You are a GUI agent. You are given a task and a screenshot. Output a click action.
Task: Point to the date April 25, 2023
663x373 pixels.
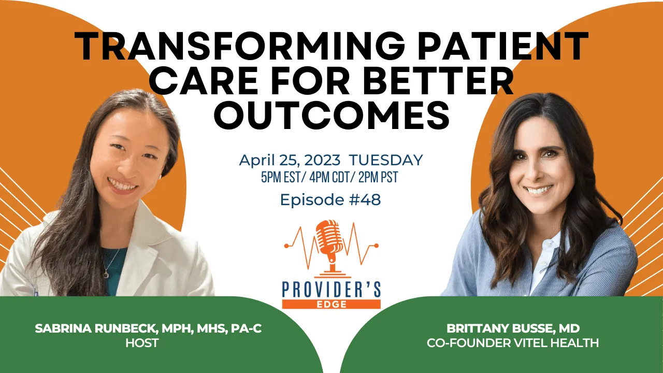click(290, 160)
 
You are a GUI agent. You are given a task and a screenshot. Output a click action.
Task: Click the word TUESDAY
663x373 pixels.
click(386, 160)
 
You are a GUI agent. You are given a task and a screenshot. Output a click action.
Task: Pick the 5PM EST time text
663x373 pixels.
click(281, 177)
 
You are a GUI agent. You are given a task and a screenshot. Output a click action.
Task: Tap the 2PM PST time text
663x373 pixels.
click(378, 177)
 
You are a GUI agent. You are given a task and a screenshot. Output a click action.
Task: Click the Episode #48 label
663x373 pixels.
click(330, 199)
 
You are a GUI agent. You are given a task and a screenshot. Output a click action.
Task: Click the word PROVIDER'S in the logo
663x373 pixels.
click(331, 290)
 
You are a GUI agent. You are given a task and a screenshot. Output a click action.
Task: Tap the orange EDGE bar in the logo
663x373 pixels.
click(331, 304)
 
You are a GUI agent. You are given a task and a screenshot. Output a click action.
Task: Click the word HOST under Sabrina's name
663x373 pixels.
click(142, 343)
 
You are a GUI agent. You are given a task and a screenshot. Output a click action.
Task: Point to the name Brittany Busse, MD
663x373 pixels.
click(513, 328)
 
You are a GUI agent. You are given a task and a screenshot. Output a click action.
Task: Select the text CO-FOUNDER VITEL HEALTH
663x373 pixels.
click(513, 343)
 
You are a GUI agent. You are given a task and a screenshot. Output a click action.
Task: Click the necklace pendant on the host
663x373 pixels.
click(106, 275)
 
